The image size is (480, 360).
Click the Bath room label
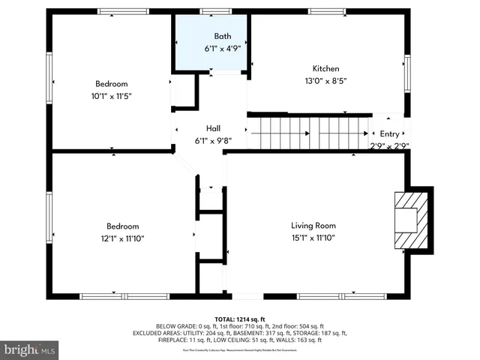point(223,36)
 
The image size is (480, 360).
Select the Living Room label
point(313,225)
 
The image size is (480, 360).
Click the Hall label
point(212,128)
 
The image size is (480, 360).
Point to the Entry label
point(389,133)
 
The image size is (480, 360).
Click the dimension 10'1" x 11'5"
point(111,96)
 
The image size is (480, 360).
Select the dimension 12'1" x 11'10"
point(122,238)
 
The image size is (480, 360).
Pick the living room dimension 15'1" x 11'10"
point(313,238)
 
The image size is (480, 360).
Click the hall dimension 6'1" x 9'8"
point(212,140)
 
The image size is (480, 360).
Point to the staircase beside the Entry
point(310,133)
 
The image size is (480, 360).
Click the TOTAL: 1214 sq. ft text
point(240,319)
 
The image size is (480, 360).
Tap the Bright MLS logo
point(30,349)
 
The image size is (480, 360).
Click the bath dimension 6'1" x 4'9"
point(223,49)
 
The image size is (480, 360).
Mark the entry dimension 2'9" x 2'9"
point(389,146)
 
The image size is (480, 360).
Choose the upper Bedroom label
point(111,83)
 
